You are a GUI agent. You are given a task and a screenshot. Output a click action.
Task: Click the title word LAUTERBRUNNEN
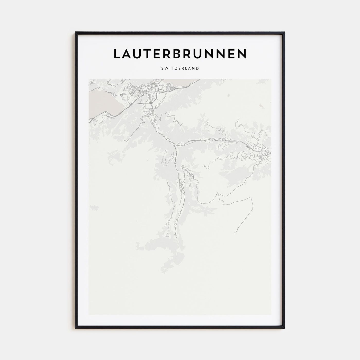(x=180, y=53)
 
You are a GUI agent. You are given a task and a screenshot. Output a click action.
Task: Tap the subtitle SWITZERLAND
(x=180, y=68)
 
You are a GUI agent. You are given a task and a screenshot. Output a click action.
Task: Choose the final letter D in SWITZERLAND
(x=197, y=68)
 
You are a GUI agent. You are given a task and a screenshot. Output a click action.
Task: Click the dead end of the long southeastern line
(x=233, y=233)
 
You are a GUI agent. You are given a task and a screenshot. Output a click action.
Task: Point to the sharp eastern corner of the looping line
(x=251, y=198)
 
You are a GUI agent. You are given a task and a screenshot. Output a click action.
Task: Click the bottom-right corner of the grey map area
(x=271, y=315)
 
